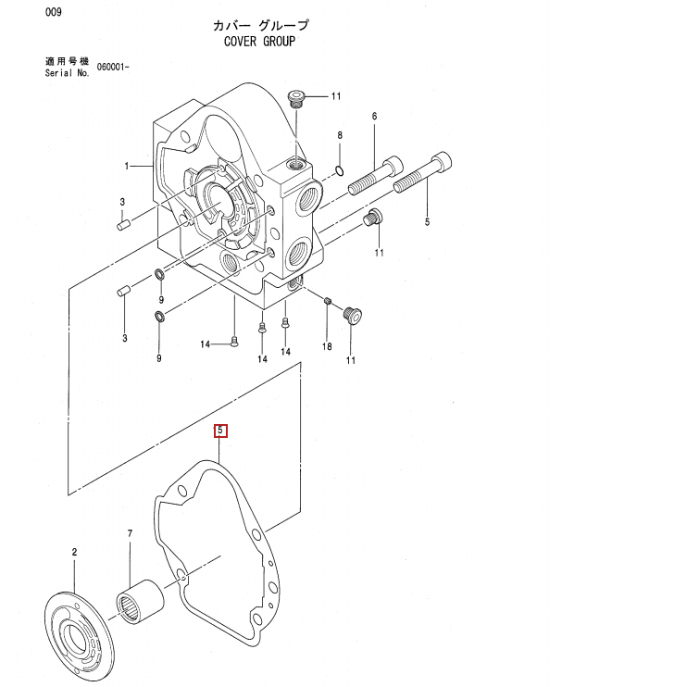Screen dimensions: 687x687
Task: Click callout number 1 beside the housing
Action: [x=127, y=166]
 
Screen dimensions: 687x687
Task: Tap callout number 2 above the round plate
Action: [x=74, y=552]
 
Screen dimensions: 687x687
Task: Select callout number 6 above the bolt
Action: [x=375, y=116]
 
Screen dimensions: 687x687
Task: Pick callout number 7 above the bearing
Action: [x=131, y=533]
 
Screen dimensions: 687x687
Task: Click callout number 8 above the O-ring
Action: [x=340, y=135]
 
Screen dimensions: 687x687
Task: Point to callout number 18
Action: [x=326, y=347]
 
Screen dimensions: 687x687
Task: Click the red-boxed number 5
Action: [x=220, y=431]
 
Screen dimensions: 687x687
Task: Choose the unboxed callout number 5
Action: [x=427, y=222]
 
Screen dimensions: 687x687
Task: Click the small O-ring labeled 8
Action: [x=341, y=169]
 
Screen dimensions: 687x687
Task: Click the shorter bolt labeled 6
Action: [x=375, y=177]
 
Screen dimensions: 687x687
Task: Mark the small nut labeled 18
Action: [x=328, y=300]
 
